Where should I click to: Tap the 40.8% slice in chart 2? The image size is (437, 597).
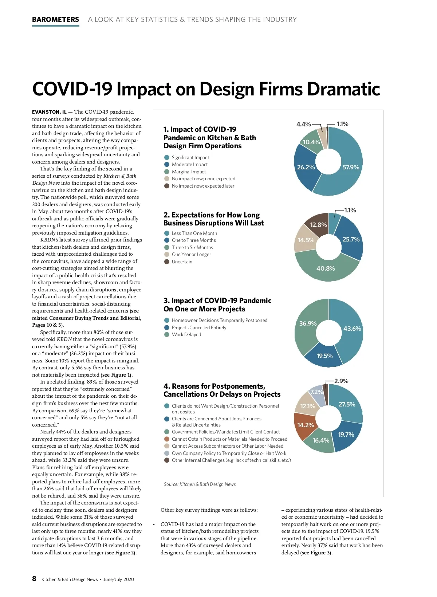326,268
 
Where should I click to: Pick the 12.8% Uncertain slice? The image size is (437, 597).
318,224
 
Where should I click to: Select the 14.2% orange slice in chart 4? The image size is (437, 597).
305,425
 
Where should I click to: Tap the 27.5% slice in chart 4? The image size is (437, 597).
347,404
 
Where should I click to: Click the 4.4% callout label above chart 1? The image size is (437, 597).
303,124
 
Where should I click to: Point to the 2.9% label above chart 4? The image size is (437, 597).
341,381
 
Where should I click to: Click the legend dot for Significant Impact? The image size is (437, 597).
167,157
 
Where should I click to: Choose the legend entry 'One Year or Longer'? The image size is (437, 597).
191,255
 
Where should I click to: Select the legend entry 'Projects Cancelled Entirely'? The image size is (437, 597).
199,327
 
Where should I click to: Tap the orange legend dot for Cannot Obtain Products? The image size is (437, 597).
167,439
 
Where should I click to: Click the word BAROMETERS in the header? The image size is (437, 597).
55,20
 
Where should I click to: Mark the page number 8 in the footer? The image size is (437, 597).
34,578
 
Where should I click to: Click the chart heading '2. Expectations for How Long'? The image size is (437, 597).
212,215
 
